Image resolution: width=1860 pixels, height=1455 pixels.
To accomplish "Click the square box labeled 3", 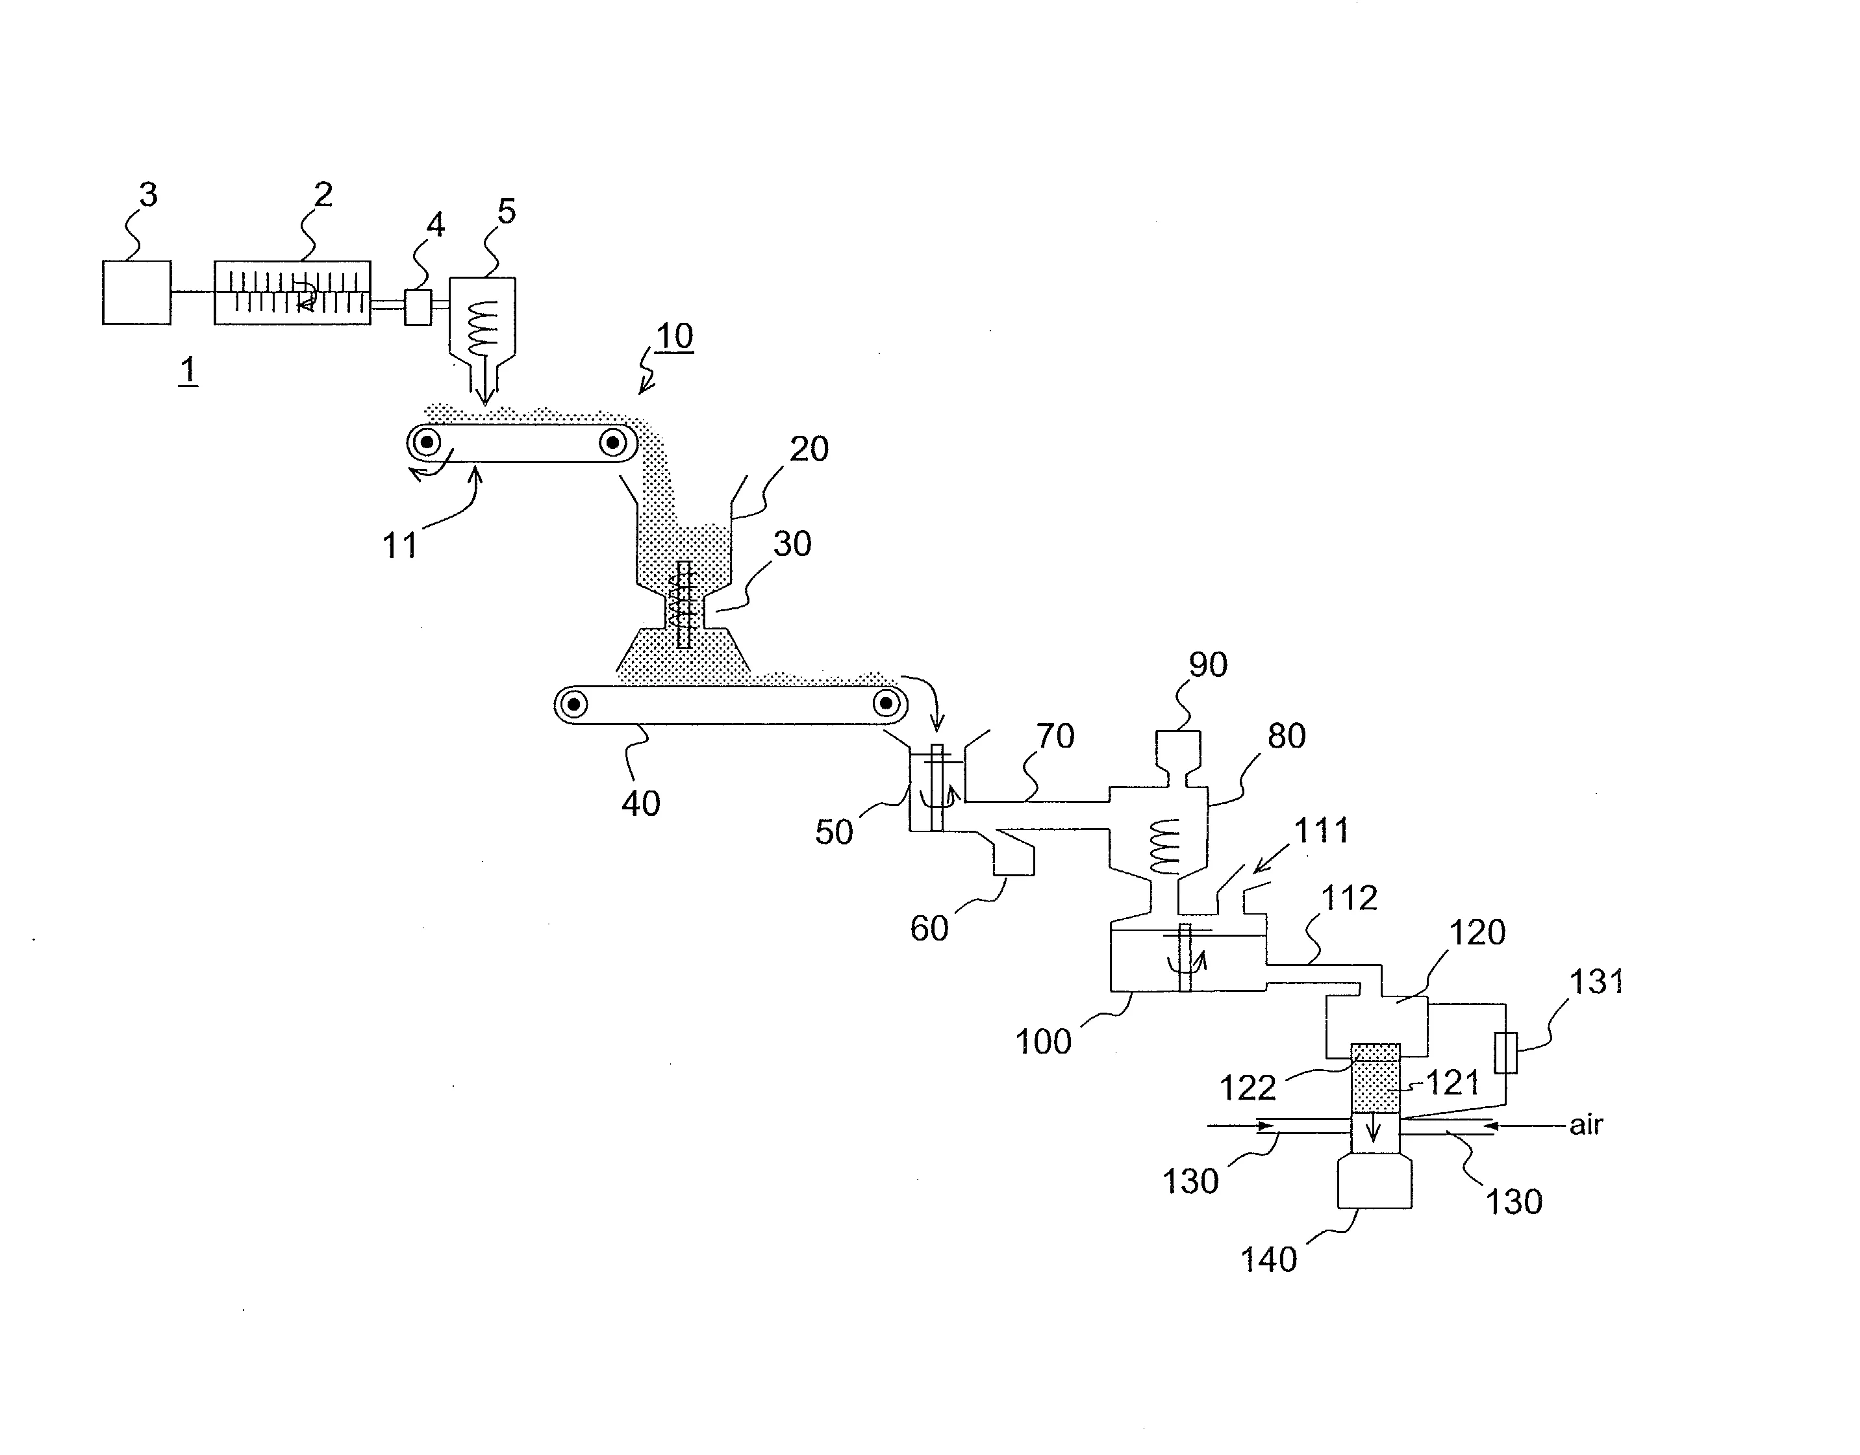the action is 136,292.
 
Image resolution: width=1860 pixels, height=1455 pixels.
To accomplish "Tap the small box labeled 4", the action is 418,307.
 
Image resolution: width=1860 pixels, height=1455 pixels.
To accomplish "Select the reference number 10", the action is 675,336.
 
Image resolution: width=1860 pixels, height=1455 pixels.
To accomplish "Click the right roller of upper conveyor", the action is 612,442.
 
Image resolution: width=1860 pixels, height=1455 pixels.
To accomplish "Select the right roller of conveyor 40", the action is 886,703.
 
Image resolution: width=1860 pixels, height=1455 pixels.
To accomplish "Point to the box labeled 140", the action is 1375,1181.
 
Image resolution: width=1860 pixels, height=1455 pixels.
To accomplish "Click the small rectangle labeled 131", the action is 1505,1052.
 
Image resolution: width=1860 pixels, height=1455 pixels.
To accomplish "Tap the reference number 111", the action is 1322,831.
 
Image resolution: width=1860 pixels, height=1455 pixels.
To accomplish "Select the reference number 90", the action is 1208,665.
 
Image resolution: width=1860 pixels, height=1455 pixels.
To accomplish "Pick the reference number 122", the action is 1248,1088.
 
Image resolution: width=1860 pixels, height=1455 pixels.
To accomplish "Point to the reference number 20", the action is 809,449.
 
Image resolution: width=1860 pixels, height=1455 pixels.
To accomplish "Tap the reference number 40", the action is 640,803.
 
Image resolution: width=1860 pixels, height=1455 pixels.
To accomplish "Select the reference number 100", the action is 1043,1042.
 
